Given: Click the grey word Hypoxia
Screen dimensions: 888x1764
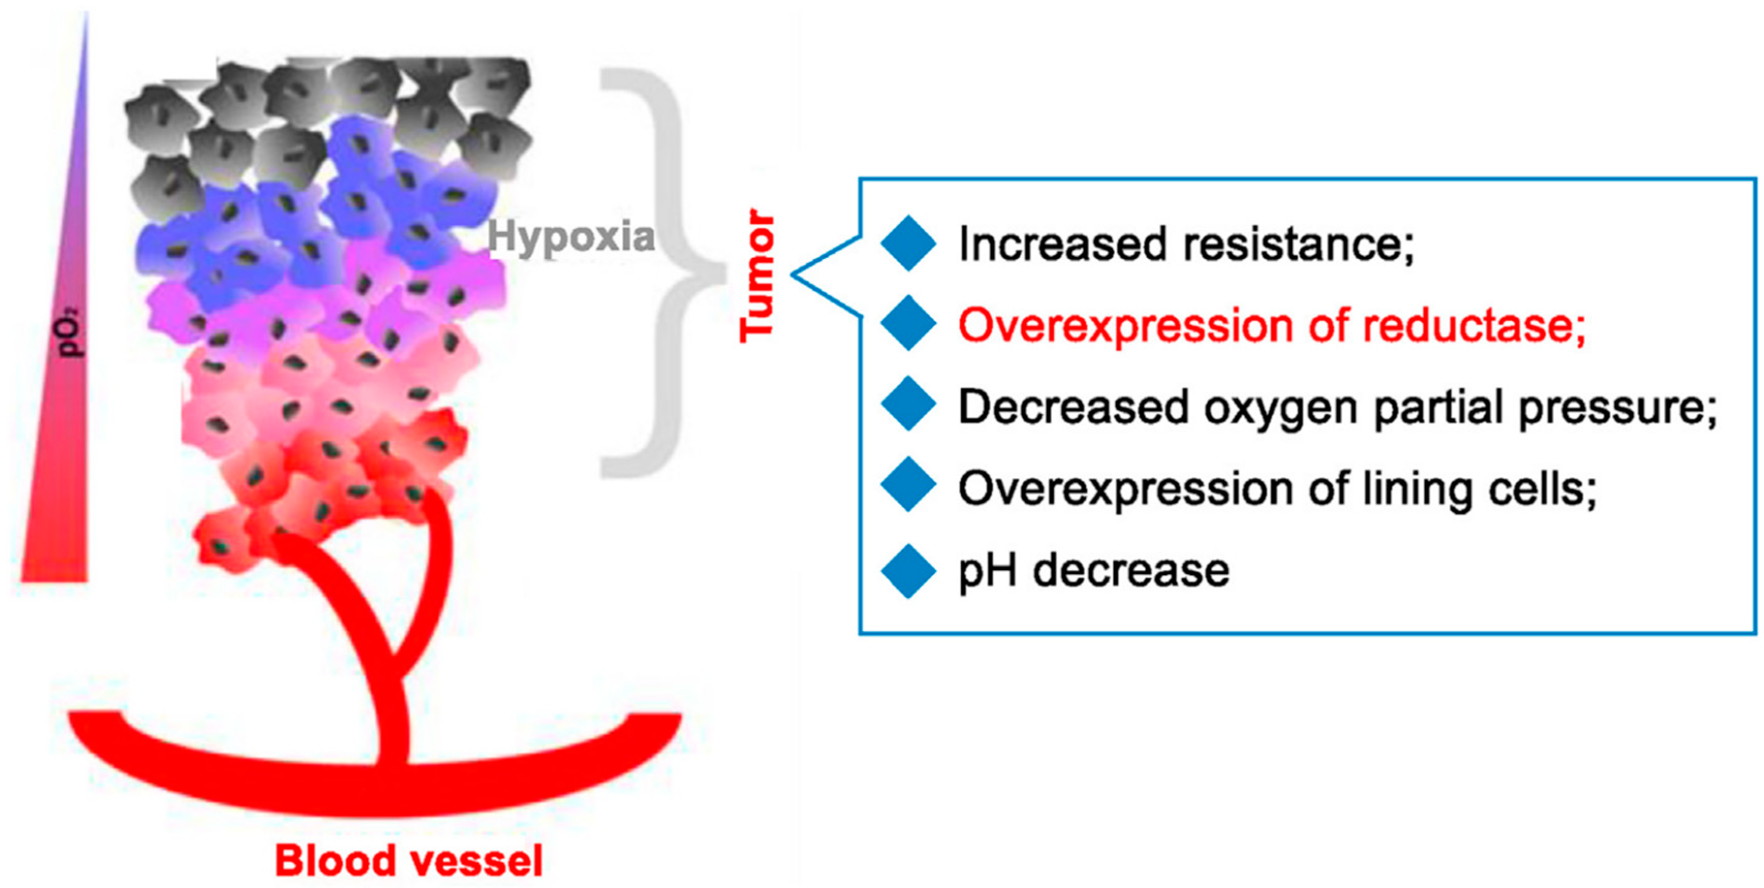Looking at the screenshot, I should point(570,237).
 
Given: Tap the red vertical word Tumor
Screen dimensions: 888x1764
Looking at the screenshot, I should point(758,275).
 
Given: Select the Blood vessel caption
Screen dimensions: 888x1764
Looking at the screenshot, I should point(409,861).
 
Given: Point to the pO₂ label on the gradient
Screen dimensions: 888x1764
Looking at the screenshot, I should point(71,333).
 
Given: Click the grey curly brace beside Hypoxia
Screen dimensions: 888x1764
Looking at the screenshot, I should point(668,272).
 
